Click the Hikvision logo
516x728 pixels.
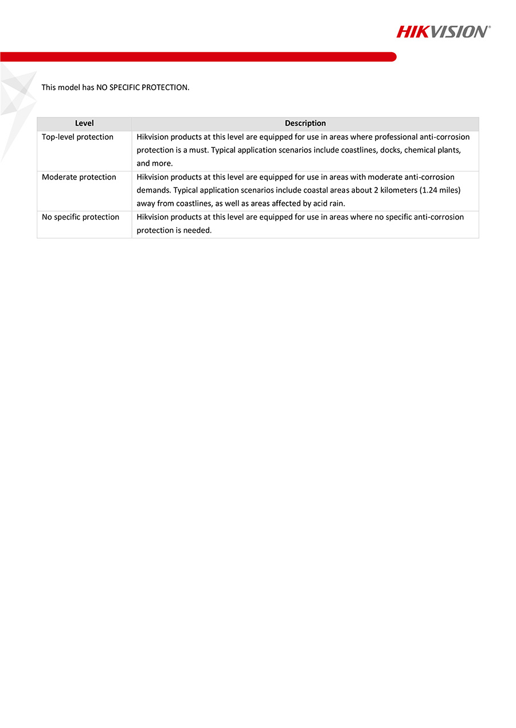tap(443, 32)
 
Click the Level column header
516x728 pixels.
tap(84, 123)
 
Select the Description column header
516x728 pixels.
tap(305, 123)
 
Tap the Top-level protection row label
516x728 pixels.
tap(77, 137)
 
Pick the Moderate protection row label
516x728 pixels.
tap(79, 177)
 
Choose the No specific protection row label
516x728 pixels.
tap(80, 217)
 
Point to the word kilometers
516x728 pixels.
tap(408, 190)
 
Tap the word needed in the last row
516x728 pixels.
tap(198, 230)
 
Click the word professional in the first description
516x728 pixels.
tap(396, 137)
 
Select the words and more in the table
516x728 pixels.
tap(154, 163)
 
